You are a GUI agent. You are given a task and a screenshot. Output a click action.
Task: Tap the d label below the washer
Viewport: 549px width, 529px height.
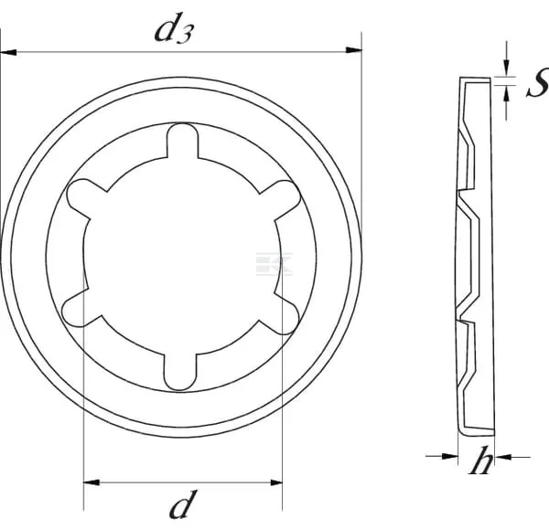point(183,503)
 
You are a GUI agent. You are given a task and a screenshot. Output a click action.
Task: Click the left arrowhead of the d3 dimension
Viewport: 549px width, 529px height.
point(7,54)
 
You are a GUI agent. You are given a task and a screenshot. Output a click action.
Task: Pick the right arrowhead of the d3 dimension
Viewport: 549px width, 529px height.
point(355,54)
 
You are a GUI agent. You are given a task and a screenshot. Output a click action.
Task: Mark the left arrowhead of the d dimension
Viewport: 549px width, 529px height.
point(90,482)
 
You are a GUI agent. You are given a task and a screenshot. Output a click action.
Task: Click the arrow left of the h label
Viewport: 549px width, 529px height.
point(447,455)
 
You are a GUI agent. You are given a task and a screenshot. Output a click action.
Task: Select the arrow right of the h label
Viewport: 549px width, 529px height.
point(498,455)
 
